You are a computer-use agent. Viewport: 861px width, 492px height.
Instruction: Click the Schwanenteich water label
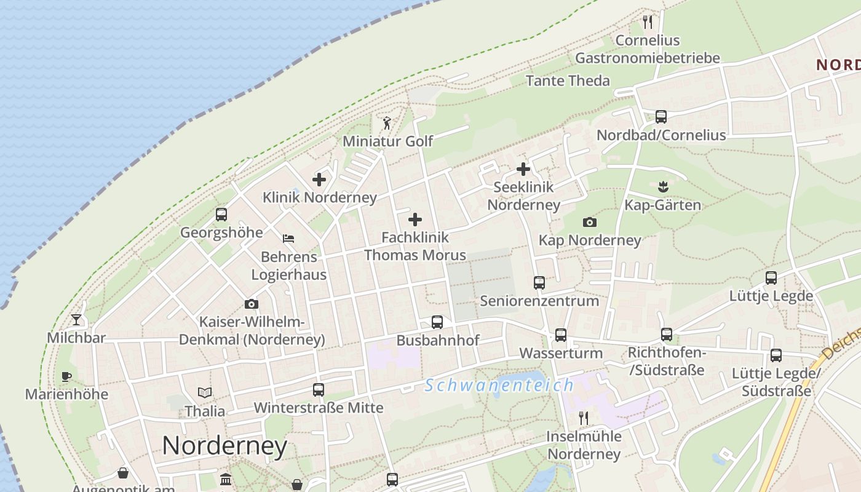tap(499, 386)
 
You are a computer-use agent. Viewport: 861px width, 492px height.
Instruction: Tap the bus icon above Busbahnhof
tap(437, 322)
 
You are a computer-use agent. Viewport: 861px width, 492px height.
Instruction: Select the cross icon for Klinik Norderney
tap(319, 180)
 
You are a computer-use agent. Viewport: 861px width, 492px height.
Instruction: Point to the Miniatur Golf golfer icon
tap(387, 123)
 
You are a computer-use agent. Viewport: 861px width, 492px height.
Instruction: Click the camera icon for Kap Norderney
tap(590, 222)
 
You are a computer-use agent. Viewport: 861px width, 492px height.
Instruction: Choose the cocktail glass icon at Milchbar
tap(76, 319)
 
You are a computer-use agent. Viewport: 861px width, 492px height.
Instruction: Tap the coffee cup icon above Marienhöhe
tap(66, 376)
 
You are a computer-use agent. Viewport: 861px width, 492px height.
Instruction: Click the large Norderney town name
tap(224, 445)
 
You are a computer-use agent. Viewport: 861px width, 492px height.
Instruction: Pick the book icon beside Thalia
tap(205, 392)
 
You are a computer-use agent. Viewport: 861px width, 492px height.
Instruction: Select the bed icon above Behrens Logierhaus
tap(288, 238)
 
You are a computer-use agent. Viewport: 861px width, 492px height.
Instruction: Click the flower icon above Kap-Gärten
tap(662, 186)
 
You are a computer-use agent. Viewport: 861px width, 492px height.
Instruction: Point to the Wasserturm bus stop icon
tap(561, 335)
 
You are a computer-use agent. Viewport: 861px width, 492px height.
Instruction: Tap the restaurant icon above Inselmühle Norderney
tap(584, 418)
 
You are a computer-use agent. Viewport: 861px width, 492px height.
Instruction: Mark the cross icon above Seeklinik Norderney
tap(523, 169)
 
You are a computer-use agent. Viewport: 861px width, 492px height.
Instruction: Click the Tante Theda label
tap(568, 81)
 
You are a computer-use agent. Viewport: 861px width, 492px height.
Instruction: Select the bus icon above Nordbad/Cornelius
tap(661, 116)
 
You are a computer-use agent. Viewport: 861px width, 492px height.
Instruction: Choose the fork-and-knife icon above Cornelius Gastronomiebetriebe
tap(647, 22)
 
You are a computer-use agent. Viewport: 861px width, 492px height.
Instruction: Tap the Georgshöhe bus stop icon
tap(221, 215)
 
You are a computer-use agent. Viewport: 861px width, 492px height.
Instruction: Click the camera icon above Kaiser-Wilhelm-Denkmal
tap(251, 304)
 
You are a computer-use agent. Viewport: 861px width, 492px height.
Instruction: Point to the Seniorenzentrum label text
tap(539, 301)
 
